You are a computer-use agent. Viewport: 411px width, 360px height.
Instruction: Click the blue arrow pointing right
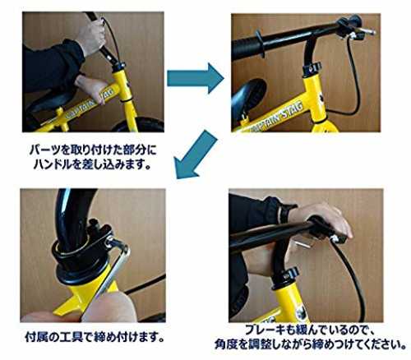[195, 79]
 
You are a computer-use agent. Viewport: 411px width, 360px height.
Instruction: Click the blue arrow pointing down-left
[196, 155]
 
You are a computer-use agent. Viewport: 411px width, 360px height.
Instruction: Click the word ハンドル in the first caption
[53, 164]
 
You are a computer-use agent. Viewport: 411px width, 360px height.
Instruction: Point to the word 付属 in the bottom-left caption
[38, 337]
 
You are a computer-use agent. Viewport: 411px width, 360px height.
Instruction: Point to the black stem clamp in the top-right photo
[312, 68]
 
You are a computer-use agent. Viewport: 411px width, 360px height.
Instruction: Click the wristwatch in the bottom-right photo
[286, 214]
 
